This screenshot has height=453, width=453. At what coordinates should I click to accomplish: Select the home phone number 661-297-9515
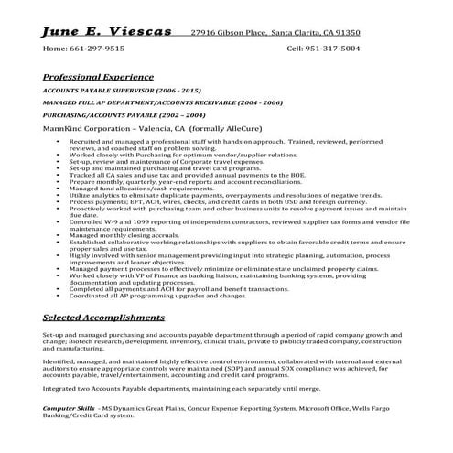coord(101,48)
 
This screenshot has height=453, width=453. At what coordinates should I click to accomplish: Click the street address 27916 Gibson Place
coord(228,32)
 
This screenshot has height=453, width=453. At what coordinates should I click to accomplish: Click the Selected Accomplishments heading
coord(103,317)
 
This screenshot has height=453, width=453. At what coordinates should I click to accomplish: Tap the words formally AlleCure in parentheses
coord(236,130)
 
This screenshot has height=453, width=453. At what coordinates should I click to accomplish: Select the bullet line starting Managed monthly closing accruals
coord(137,235)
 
